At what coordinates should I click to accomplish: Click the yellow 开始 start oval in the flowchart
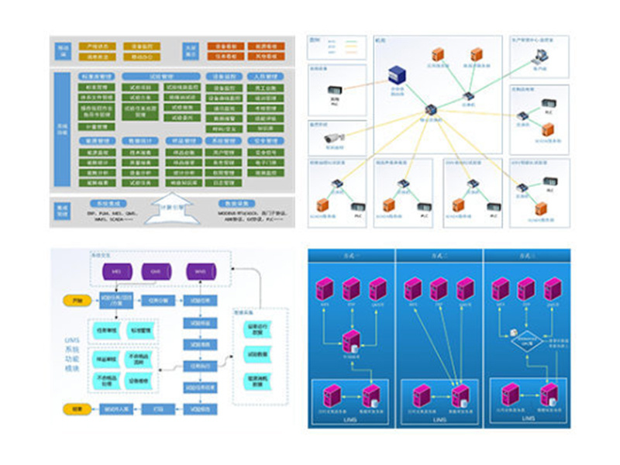[76, 300]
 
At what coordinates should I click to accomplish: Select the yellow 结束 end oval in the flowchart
[76, 408]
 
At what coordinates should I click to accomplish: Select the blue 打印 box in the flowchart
[158, 408]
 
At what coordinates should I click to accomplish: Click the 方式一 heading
[350, 255]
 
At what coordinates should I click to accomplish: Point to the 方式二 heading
[439, 255]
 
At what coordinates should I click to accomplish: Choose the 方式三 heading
[527, 255]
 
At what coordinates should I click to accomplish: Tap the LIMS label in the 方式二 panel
[439, 419]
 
